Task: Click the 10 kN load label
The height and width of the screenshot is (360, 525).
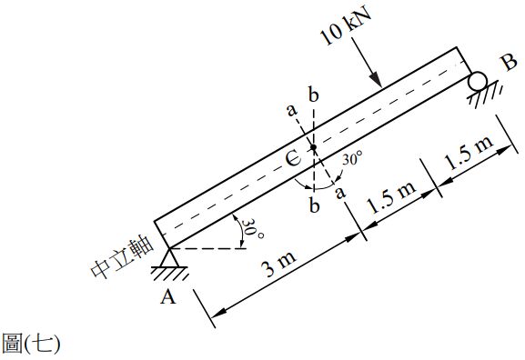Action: tap(346, 25)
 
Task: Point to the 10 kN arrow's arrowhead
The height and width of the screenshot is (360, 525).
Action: tap(377, 80)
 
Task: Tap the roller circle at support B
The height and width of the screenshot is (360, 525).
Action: tap(478, 81)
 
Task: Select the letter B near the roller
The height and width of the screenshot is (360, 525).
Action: tap(510, 63)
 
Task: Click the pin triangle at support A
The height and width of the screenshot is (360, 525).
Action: tap(170, 257)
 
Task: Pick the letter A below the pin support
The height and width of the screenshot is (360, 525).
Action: tap(167, 296)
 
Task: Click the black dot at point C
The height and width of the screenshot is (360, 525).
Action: tap(313, 147)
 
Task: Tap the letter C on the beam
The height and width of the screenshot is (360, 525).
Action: tap(294, 158)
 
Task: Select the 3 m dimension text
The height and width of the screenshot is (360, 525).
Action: tap(280, 264)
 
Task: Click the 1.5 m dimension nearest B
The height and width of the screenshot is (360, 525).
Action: tap(468, 153)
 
